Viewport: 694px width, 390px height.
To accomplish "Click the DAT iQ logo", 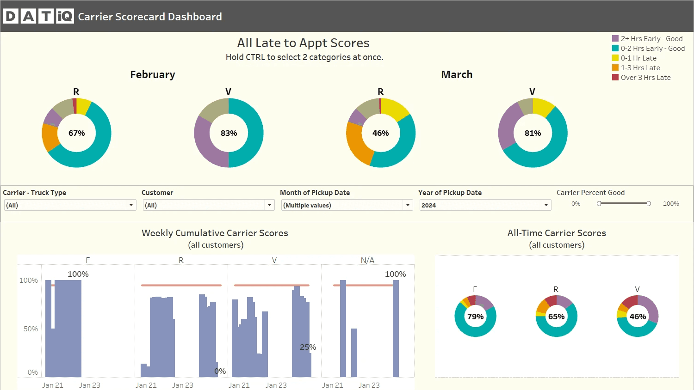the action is point(38,16).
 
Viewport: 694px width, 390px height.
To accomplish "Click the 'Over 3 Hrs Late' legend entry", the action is point(641,77).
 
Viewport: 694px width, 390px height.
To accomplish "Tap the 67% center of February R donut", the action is point(76,133).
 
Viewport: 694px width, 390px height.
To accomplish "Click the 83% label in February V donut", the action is point(229,133).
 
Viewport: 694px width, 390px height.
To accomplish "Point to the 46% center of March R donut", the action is point(380,133).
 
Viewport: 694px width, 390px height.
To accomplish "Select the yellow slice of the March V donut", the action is point(543,107).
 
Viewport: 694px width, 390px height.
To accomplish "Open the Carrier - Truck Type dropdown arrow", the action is point(131,205).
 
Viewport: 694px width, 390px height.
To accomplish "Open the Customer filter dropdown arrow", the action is point(270,205).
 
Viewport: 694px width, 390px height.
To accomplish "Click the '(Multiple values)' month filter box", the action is point(347,205).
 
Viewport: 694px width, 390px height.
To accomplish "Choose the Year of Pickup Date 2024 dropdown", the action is point(485,205).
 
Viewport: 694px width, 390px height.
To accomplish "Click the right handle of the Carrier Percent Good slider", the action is point(649,204).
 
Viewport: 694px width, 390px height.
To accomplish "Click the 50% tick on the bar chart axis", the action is point(31,329).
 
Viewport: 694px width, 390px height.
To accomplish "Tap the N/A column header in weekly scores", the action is point(367,260).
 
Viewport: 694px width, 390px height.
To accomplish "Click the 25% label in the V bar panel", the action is point(308,347).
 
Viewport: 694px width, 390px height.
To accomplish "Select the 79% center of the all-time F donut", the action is point(475,317).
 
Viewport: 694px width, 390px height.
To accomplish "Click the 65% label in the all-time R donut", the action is point(557,317).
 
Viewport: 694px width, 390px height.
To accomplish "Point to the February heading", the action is point(153,74).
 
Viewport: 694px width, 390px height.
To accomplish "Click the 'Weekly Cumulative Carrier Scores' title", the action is point(215,233).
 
